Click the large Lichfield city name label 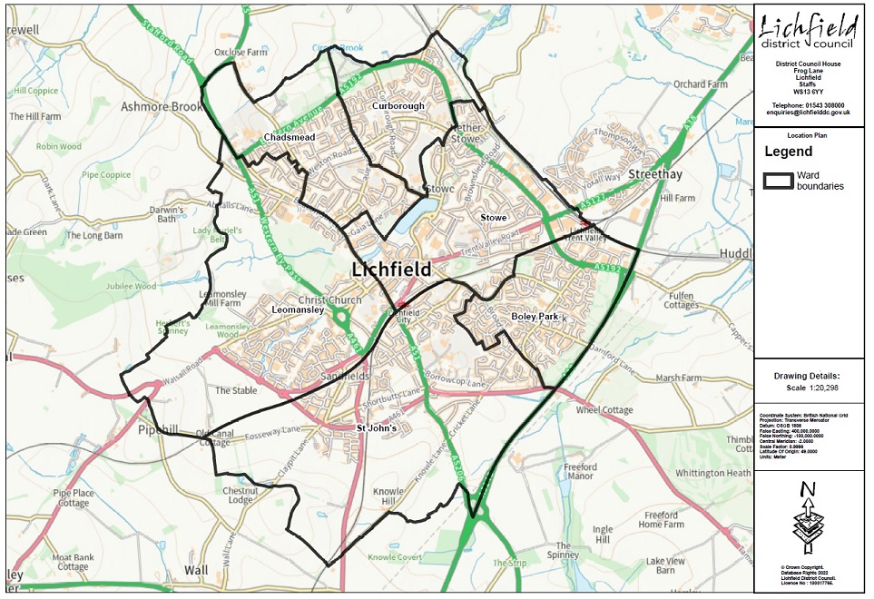[x=392, y=270]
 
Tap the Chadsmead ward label [x=289, y=137]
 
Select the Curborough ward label [x=398, y=106]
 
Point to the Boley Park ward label [x=535, y=317]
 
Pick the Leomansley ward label [x=298, y=309]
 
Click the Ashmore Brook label [x=162, y=107]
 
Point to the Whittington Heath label [x=713, y=473]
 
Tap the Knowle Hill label [x=388, y=496]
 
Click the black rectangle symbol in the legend [x=778, y=180]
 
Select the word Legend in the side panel [x=788, y=152]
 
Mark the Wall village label [x=196, y=570]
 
